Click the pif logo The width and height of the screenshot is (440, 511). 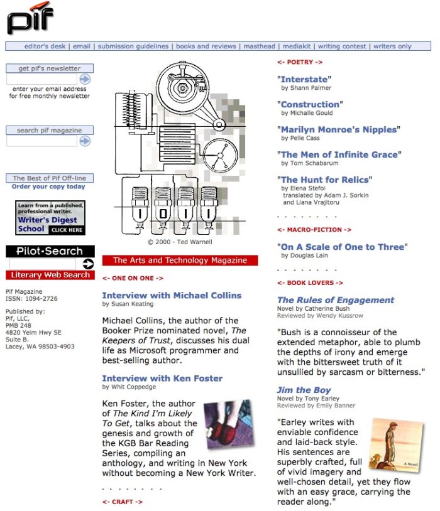click(30, 18)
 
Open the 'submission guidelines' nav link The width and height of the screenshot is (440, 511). click(133, 46)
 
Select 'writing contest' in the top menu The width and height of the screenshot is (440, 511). click(342, 46)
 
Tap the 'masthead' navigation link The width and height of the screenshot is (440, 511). click(259, 46)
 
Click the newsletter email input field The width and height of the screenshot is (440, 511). click(41, 79)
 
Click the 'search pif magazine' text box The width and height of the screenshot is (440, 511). click(41, 141)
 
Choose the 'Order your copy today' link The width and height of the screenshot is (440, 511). click(48, 186)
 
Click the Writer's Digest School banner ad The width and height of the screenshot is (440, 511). click(50, 218)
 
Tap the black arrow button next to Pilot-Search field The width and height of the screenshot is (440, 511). click(88, 264)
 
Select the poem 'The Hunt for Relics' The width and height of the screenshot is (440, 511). click(324, 180)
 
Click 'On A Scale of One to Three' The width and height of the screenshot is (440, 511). click(343, 247)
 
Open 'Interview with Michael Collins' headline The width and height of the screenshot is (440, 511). click(172, 295)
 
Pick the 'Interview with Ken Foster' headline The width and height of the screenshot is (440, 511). click(162, 378)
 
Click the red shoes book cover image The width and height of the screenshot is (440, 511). click(229, 424)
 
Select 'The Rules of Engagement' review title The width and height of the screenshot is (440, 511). click(336, 300)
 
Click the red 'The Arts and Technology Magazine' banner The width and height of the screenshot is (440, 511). click(180, 260)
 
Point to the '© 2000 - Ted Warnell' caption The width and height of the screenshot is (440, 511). click(180, 242)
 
